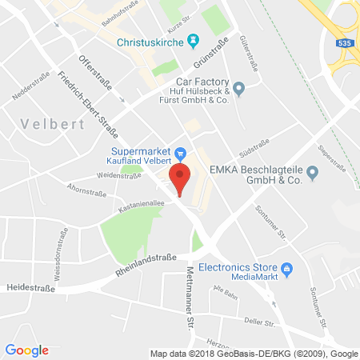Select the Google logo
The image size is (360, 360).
tap(27, 350)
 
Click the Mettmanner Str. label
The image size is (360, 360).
tap(192, 288)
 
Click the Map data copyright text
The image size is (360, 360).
tap(253, 353)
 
